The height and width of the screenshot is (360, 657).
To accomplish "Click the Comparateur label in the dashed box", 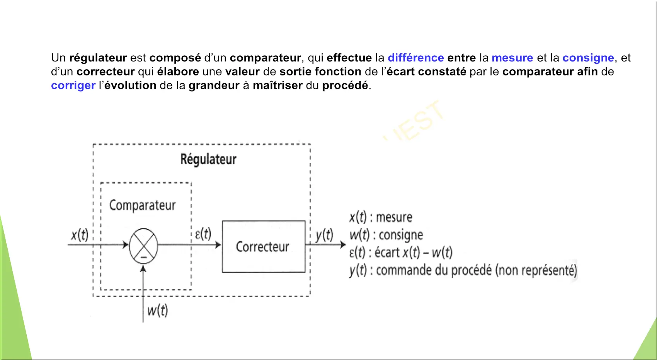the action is coord(142,205).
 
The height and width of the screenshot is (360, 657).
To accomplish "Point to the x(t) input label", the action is coord(80,235).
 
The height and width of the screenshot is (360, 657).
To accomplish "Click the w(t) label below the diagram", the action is coord(158,311).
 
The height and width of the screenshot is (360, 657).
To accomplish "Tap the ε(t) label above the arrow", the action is coord(203,234).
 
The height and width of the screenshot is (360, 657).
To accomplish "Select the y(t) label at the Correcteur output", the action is coord(324,235).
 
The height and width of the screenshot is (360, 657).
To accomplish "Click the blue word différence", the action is coord(415,58).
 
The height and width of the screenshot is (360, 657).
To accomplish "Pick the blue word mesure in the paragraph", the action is coord(512,58).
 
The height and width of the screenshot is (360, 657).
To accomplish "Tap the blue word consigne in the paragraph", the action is coord(588,58).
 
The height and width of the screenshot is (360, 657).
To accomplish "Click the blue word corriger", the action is coord(73,86).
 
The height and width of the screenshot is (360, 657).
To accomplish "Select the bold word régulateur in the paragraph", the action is coord(98,58).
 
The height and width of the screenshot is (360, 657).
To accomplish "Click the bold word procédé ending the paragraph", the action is coord(345,86).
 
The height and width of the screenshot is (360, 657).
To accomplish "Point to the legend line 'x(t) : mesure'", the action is coord(381,217).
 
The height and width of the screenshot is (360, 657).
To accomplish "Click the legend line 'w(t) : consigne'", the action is coord(386,235).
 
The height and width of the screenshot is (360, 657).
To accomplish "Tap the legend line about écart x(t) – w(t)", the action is coord(401,253).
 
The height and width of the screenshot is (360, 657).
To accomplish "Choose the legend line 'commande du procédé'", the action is coord(463,270).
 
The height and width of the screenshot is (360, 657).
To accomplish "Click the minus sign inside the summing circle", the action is coord(143,257).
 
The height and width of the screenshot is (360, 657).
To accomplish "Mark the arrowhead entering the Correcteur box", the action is coord(218,245).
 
